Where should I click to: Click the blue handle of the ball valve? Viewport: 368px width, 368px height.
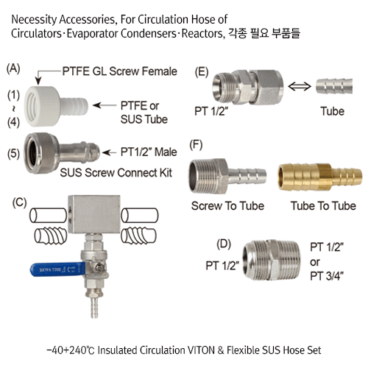tap(58, 269)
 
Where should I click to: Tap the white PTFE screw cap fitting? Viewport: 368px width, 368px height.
tap(56, 106)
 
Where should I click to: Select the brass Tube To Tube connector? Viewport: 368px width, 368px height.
tap(319, 177)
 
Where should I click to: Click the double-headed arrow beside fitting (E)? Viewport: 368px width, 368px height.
tap(300, 86)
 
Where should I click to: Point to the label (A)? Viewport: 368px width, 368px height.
tap(13, 68)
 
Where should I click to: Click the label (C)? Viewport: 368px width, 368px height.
tap(19, 203)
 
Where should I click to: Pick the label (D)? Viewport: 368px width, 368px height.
tap(224, 244)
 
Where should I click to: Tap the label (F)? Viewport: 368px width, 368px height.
tap(196, 145)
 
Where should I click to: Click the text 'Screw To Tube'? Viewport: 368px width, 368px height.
tap(227, 206)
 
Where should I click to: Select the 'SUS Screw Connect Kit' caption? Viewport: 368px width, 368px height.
tap(116, 173)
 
